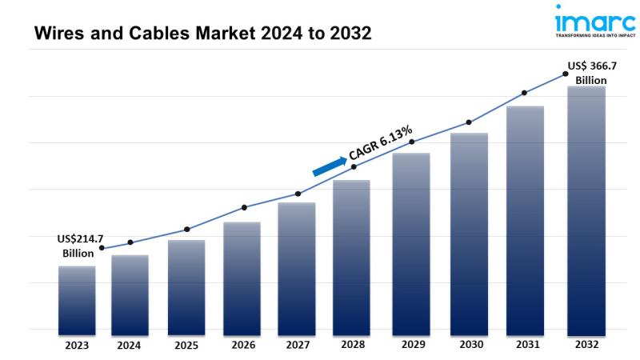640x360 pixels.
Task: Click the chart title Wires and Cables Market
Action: pyautogui.click(x=192, y=34)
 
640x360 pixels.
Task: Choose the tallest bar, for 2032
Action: pyautogui.click(x=586, y=210)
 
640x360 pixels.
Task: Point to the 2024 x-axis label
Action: pyautogui.click(x=130, y=346)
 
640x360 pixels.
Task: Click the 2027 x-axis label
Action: pyautogui.click(x=298, y=346)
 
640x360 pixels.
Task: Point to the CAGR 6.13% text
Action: pyautogui.click(x=381, y=142)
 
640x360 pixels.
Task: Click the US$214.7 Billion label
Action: pyautogui.click(x=81, y=246)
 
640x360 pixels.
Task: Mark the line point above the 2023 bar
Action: pyautogui.click(x=101, y=248)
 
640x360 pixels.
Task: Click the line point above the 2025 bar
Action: pyautogui.click(x=186, y=230)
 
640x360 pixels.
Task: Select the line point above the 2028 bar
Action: pyautogui.click(x=354, y=167)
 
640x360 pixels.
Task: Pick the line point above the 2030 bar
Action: pyautogui.click(x=469, y=122)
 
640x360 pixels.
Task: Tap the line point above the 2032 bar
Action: pyautogui.click(x=565, y=74)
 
